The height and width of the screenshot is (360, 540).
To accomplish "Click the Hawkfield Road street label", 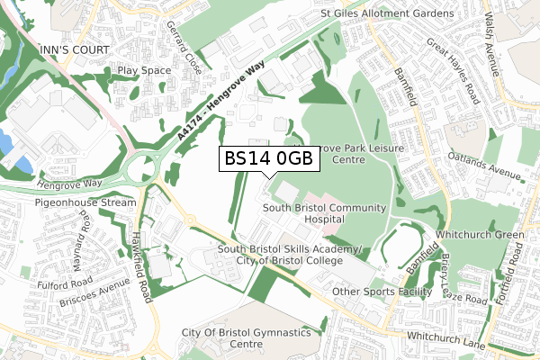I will (141, 261).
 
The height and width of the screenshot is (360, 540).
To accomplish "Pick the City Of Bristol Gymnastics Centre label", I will (246, 338).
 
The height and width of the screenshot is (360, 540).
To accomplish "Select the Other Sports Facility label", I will (382, 292).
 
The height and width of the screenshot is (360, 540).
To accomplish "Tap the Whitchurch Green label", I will (490, 235).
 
